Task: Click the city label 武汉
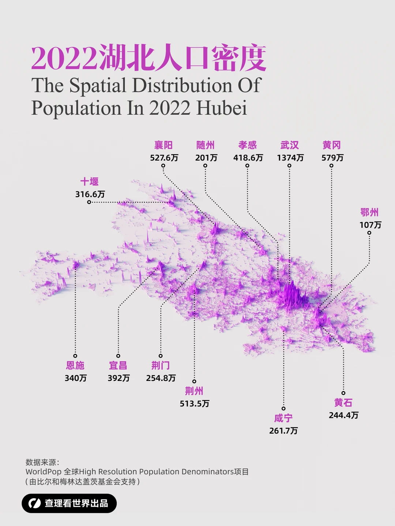tap(289, 145)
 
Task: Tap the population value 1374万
tap(290, 158)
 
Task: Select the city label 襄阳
tap(163, 145)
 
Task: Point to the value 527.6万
tap(164, 158)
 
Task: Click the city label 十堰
tap(89, 182)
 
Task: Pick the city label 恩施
tap(75, 365)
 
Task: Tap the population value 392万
tap(118, 378)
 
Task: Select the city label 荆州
tap(194, 391)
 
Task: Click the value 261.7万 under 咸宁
tap(283, 431)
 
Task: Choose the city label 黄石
tap(343, 403)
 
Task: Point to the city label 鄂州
tap(369, 212)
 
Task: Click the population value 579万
tap(332, 158)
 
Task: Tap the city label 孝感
tap(248, 145)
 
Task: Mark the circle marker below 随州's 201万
tap(205, 166)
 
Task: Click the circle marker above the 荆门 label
tap(161, 356)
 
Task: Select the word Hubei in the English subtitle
tap(222, 108)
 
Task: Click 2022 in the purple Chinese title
tap(64, 59)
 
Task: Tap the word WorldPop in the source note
tap(43, 472)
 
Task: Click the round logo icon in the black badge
tap(35, 503)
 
